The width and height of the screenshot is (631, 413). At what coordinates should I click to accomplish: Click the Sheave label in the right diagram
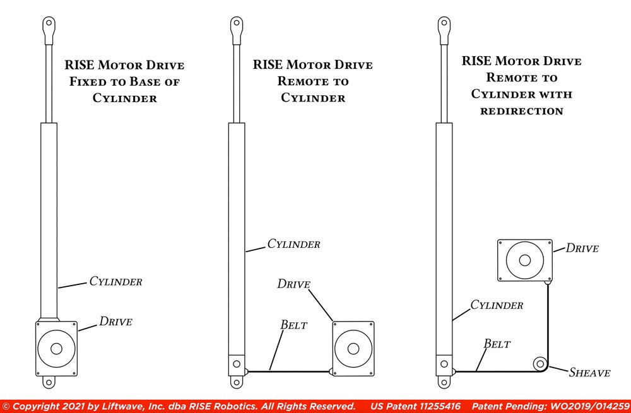[589, 372]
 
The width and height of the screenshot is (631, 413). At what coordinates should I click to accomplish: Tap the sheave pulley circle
[540, 364]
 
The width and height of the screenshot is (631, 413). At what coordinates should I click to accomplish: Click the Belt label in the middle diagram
[293, 325]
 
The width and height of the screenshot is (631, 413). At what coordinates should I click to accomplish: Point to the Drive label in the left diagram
[115, 322]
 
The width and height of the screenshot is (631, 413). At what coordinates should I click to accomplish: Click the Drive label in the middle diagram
[293, 284]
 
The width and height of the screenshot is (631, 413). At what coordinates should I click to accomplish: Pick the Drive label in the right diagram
[582, 248]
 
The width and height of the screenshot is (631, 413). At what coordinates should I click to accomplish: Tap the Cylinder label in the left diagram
[115, 281]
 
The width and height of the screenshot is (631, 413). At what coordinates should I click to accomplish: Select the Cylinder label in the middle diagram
[293, 244]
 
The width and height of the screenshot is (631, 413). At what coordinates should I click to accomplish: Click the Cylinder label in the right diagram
[497, 305]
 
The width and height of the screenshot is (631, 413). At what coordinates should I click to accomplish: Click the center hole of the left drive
[56, 348]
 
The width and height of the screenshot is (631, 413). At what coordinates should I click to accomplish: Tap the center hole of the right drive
[524, 261]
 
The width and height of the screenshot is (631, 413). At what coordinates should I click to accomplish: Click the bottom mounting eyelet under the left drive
[49, 382]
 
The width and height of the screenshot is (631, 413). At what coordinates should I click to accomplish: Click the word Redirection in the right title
[521, 111]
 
